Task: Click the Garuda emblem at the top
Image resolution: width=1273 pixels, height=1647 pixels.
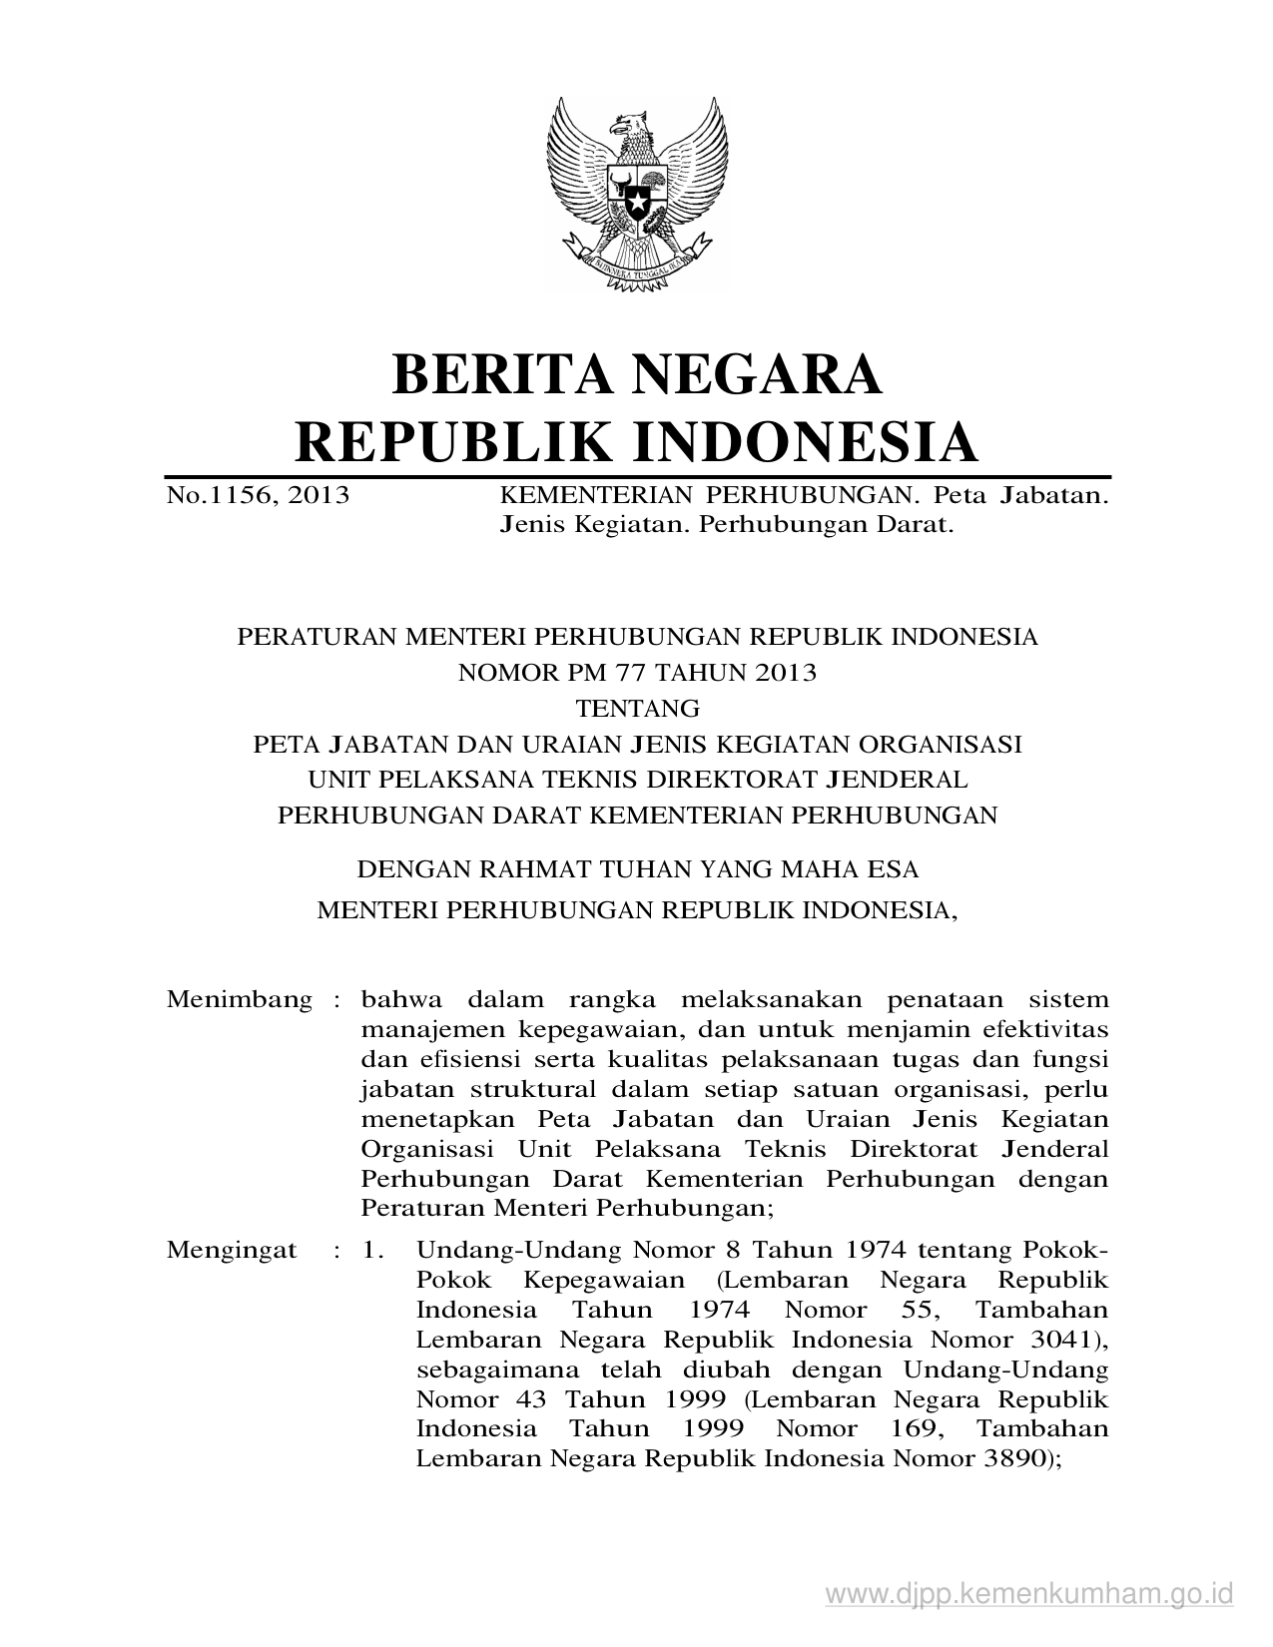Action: [x=636, y=195]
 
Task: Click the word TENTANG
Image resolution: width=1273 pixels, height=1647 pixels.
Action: [x=637, y=709]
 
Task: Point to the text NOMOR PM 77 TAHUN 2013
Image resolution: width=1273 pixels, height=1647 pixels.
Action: [x=637, y=673]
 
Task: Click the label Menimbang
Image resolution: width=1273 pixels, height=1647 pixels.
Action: [x=240, y=999]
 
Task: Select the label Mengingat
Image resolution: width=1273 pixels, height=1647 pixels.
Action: [x=232, y=1250]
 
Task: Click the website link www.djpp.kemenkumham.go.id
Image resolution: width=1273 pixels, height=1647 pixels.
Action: [x=1030, y=1592]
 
